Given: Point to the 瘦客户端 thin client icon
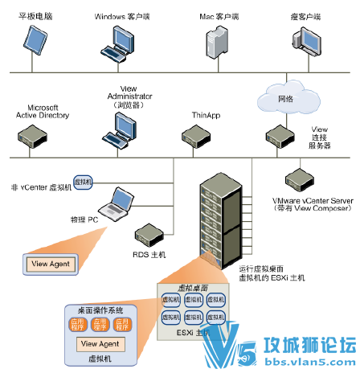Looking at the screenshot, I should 306,40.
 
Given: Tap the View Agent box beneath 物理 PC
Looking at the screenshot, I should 51,263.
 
